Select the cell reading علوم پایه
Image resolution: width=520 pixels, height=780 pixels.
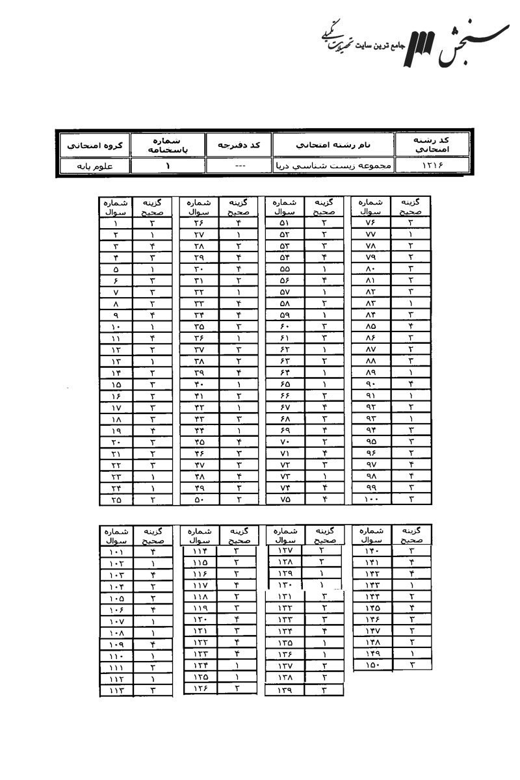coord(94,166)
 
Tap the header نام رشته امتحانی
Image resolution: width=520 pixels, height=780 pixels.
coord(333,144)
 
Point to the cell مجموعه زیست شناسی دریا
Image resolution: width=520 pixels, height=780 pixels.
coord(333,166)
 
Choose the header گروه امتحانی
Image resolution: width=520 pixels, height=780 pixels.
coord(94,144)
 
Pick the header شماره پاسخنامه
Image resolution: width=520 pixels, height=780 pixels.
coord(168,144)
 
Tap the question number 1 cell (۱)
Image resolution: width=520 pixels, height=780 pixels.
coord(115,223)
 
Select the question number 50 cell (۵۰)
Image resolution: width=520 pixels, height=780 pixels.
coord(199,500)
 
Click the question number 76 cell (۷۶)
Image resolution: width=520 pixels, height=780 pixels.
coord(370,223)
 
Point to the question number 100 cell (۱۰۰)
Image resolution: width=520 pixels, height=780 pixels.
coord(370,500)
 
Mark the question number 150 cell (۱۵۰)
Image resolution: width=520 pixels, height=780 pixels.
coord(371,664)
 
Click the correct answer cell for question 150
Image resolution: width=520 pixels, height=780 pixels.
coord(412,664)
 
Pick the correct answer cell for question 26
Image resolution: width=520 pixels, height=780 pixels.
coord(239,223)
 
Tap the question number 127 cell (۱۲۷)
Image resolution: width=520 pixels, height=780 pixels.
coord(285,551)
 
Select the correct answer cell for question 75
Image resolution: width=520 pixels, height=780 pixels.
coord(324,500)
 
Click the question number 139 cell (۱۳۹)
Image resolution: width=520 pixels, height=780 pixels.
coord(285,690)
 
